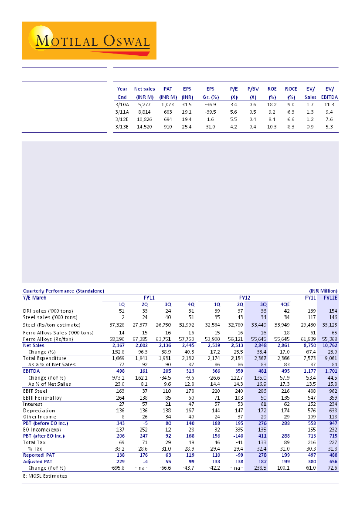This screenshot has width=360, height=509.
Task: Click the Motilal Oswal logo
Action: pos(89,40)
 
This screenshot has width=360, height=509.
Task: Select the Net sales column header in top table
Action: pos(144,89)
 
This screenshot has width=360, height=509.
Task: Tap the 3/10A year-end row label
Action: pos(122,104)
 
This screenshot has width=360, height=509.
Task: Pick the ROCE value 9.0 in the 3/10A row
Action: pos(291,104)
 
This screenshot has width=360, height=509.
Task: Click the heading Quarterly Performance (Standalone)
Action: pos(64,291)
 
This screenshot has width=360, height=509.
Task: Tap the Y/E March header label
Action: pos(34,298)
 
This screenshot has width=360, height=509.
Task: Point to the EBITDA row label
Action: pos(32,371)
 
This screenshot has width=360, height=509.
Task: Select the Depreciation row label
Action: pos(39,411)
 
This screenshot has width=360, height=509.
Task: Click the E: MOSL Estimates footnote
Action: pos(45,476)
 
